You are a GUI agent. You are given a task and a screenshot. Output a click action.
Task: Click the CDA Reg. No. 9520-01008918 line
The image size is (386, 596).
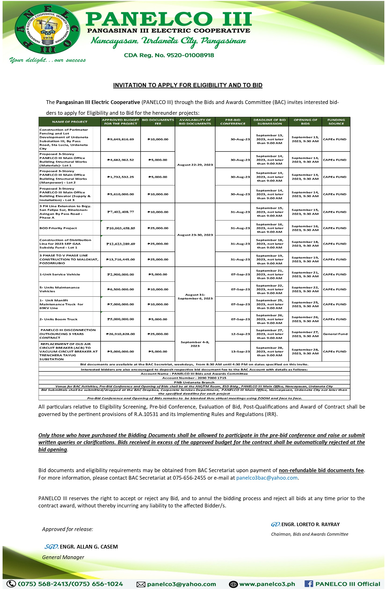pyautogui.click(x=169, y=55)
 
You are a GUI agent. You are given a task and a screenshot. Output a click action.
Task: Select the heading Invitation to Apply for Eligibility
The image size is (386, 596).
pyautogui.click(x=187, y=85)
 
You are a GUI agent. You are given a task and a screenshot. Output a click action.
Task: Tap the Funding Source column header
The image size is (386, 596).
pyautogui.click(x=336, y=122)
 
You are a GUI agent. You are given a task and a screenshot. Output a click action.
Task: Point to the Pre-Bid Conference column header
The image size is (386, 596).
pyautogui.click(x=233, y=122)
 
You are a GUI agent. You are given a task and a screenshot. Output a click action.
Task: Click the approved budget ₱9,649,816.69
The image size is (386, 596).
pyautogui.click(x=120, y=139)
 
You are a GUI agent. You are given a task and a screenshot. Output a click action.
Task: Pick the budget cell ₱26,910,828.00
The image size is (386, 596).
pyautogui.click(x=120, y=334)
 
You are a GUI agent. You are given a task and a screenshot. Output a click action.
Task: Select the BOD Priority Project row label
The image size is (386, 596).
pyautogui.click(x=58, y=228)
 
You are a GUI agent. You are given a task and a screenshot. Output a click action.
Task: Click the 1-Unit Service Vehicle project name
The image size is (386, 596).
pyautogui.click(x=60, y=274)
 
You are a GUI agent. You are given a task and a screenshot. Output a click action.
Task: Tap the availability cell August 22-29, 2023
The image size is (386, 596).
pyautogui.click(x=195, y=165)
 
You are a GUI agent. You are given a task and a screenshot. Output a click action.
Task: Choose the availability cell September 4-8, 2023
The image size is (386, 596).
pyautogui.click(x=195, y=344)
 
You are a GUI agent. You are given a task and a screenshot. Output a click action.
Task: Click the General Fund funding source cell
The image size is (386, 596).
pyautogui.click(x=335, y=334)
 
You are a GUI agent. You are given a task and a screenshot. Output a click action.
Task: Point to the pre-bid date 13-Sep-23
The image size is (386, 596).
pyautogui.click(x=240, y=352)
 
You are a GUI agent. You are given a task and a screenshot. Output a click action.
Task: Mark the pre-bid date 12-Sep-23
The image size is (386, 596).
pyautogui.click(x=240, y=334)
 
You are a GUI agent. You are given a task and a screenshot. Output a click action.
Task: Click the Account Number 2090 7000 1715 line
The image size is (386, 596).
pyautogui.click(x=194, y=378)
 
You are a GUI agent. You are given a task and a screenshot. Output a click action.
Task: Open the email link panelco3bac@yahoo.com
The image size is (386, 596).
pyautogui.click(x=267, y=478)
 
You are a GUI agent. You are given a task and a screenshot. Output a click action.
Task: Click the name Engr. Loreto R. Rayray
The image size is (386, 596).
pyautogui.click(x=310, y=524)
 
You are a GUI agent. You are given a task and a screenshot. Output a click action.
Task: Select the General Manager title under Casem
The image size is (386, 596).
pyautogui.click(x=63, y=557)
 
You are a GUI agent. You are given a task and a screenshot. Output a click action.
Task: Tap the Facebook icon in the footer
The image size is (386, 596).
pyautogui.click(x=309, y=584)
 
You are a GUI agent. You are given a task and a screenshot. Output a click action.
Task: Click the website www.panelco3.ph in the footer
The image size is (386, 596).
pyautogui.click(x=267, y=584)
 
